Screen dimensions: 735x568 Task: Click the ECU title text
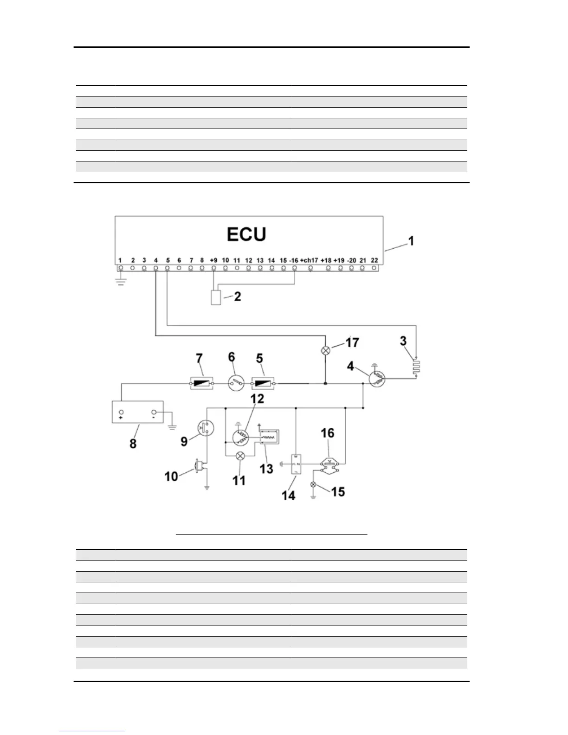click(246, 234)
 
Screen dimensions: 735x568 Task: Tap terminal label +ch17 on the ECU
click(309, 260)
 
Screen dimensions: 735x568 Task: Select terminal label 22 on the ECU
click(374, 260)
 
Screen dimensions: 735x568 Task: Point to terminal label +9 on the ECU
click(213, 260)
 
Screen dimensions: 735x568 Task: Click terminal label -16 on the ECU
click(293, 260)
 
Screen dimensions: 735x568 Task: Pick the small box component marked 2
click(216, 297)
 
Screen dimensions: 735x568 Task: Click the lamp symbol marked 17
click(326, 351)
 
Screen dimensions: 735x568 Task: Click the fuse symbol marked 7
click(202, 384)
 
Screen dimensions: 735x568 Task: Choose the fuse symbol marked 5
click(263, 384)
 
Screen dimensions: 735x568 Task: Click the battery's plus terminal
click(122, 412)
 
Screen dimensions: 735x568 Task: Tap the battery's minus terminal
click(154, 412)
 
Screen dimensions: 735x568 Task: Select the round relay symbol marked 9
click(204, 428)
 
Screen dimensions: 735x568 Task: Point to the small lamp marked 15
click(313, 485)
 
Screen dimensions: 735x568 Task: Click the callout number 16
click(327, 433)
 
